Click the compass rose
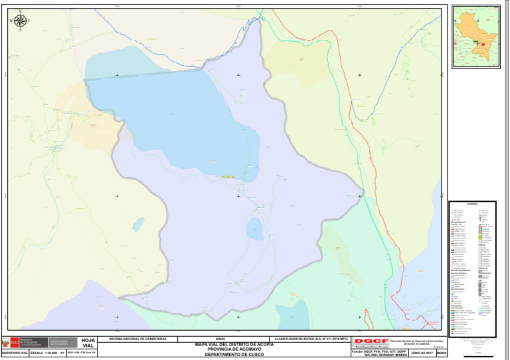click(x=20, y=21)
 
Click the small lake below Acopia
click(x=255, y=229)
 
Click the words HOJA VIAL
click(x=88, y=343)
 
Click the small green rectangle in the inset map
click(x=476, y=42)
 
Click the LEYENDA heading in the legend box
click(x=472, y=205)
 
